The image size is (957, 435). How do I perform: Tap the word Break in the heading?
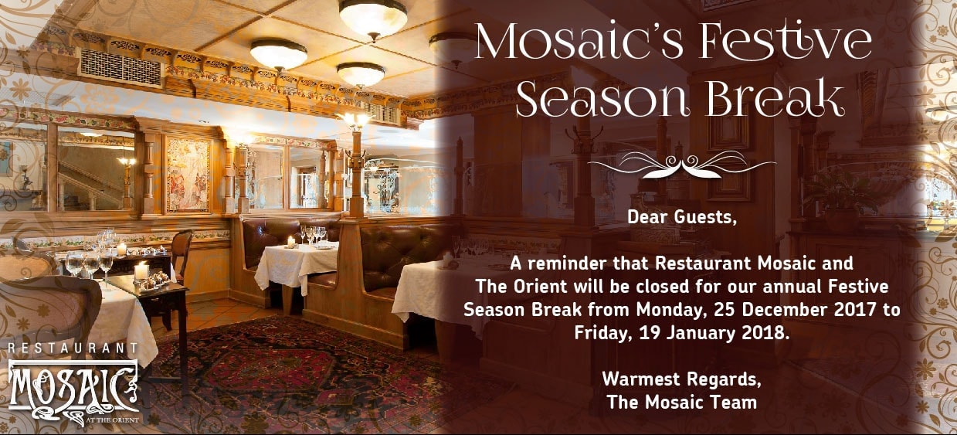point(774,98)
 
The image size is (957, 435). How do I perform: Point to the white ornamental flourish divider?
point(682,165)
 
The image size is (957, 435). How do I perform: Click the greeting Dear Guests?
point(682,218)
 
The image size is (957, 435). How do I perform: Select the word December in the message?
point(809,309)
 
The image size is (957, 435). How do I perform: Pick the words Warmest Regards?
point(681,379)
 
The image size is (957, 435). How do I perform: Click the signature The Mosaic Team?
point(682,402)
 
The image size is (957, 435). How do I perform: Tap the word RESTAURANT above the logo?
point(73,348)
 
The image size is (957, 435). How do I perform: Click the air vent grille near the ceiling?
point(121,67)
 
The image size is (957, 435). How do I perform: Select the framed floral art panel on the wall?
point(188,175)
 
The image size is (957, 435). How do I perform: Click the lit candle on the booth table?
point(291,242)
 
